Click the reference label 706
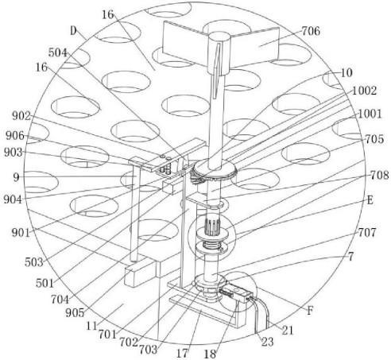pos(311,31)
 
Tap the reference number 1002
pos(364,91)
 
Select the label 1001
pos(370,114)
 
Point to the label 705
pos(374,139)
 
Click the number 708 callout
pos(379,175)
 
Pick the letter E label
pos(370,200)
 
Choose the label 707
pos(367,233)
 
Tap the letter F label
pos(309,311)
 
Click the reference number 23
pos(267,342)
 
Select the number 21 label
pos(288,330)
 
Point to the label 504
pos(58,52)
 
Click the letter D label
pos(73,31)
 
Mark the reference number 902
pos(21,116)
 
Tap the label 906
pos(15,136)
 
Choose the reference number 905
pos(75,313)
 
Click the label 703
pos(149,350)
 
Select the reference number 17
pos(183,354)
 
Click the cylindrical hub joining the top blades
pos(219,53)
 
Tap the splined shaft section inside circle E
pos(214,226)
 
